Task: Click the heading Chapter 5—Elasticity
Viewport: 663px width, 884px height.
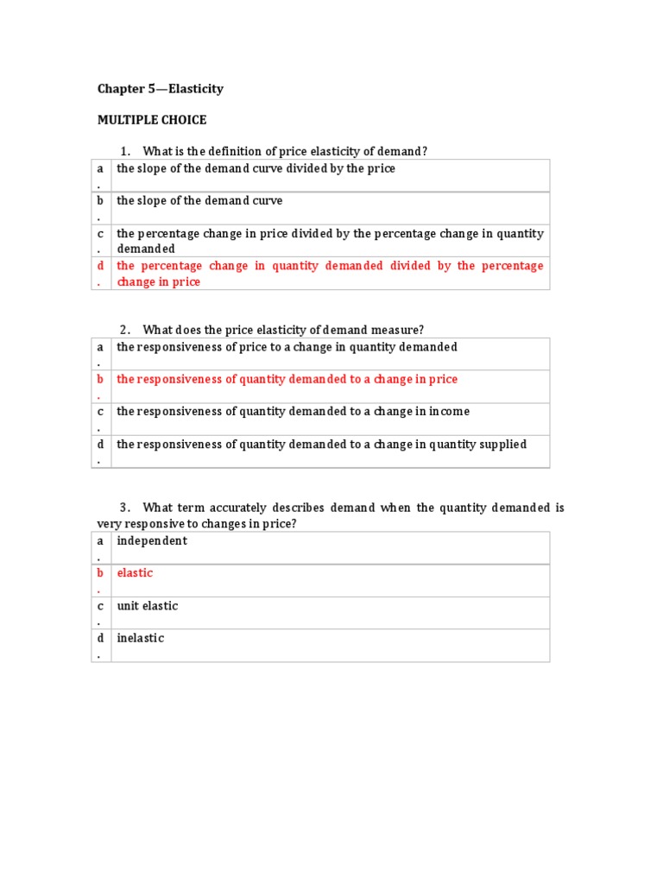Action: pos(160,89)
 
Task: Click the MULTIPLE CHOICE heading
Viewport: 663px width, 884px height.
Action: pos(151,120)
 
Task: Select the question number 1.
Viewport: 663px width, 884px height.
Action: pos(125,152)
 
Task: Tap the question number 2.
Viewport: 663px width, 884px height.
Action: pos(125,330)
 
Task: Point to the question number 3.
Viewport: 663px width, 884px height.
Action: pos(125,508)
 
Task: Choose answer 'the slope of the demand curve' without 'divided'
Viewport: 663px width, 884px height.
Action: pos(199,201)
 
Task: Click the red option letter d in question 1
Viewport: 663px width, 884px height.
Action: pos(100,266)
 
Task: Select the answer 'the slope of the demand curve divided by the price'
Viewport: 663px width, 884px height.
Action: pos(256,169)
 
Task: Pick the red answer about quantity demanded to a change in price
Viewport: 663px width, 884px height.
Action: pos(287,380)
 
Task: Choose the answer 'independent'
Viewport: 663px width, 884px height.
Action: pos(152,541)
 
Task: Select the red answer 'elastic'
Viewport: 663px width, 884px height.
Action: pos(135,573)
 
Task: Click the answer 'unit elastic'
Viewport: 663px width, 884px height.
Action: pos(148,606)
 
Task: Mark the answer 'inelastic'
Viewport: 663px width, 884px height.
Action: pos(141,639)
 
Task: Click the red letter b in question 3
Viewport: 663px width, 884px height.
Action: pos(100,573)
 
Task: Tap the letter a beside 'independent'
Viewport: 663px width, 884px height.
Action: pos(100,541)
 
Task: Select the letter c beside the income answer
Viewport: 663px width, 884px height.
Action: pos(100,412)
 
